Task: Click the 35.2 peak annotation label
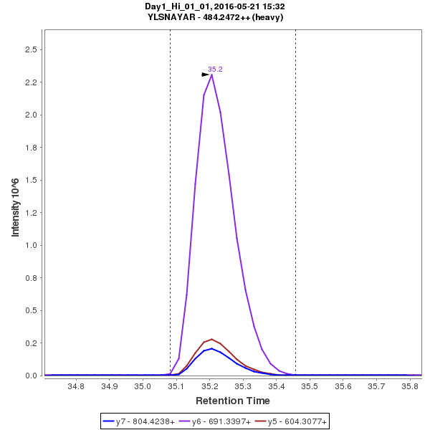(x=215, y=70)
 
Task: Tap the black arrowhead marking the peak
(x=206, y=74)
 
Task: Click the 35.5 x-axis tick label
(x=310, y=386)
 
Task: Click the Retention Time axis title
(x=233, y=401)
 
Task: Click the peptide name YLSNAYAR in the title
(x=172, y=17)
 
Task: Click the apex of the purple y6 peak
(x=212, y=75)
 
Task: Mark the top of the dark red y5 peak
(x=211, y=339)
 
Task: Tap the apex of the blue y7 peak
(x=211, y=348)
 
